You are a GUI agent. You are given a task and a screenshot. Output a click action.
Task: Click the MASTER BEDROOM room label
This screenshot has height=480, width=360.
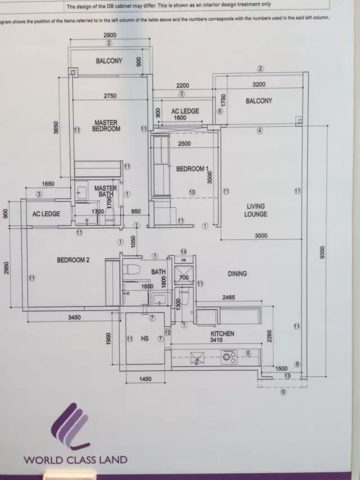106,125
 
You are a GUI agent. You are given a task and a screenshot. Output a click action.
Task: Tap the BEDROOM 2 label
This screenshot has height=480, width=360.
73,260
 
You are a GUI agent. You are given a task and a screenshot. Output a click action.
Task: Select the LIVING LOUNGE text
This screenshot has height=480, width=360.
255,210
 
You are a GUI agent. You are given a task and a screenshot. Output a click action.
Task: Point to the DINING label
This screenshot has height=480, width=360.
237,273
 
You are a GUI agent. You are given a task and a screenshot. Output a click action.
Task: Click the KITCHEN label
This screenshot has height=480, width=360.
222,334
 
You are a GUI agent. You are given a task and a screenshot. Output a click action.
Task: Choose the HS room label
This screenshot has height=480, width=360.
145,339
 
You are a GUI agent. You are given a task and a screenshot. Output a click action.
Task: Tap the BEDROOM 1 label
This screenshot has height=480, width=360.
192,169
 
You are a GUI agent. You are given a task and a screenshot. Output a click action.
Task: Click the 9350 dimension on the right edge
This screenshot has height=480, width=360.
322,253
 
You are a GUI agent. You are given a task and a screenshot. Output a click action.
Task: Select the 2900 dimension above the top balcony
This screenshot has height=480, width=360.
110,35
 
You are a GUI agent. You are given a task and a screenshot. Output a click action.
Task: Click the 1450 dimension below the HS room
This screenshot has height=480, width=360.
145,379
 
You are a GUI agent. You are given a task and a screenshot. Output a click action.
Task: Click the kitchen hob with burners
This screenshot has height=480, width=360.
229,357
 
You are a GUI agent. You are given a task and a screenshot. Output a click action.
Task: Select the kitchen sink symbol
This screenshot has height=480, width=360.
197,357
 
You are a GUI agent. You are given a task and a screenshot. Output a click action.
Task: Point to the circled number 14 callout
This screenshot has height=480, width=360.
183,251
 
